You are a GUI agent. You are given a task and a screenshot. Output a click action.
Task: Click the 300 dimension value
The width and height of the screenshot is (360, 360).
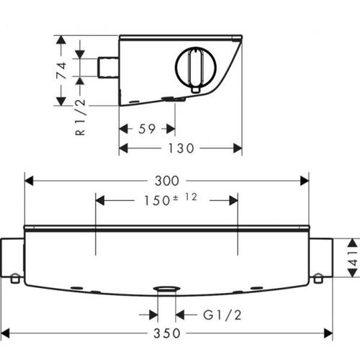pyautogui.click(x=167, y=181)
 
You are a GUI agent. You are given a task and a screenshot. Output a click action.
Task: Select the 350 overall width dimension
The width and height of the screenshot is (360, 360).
pyautogui.click(x=167, y=333)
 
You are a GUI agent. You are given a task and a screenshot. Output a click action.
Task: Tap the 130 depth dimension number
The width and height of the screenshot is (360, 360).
pyautogui.click(x=181, y=148)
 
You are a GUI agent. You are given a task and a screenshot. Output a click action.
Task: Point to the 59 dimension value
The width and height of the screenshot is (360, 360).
pyautogui.click(x=147, y=129)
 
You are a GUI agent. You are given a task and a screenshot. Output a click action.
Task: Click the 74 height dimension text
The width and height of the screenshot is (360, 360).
pyautogui.click(x=61, y=71)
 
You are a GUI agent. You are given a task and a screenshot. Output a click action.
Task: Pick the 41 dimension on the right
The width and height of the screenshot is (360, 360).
pyautogui.click(x=354, y=258)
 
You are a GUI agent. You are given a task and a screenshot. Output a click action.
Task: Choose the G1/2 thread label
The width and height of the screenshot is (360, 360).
pyautogui.click(x=222, y=315)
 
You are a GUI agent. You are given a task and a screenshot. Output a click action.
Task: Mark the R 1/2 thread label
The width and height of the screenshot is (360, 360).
pyautogui.click(x=81, y=117)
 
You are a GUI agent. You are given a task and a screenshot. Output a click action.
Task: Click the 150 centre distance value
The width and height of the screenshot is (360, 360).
pyautogui.click(x=157, y=201)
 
